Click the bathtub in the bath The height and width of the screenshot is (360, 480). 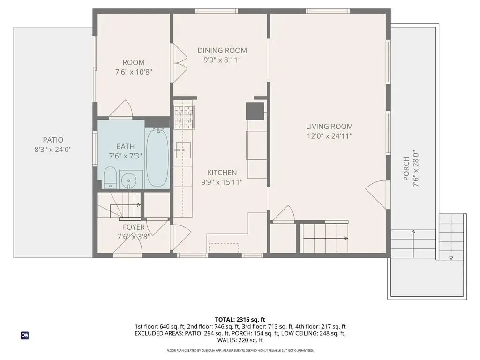(x=157, y=157)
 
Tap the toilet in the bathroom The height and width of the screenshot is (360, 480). (x=110, y=178)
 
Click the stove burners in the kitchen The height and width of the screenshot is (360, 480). (x=184, y=117)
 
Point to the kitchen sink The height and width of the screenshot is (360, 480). (x=183, y=150)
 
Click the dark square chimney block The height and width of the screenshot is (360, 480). (x=255, y=111)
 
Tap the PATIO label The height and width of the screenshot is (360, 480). (x=53, y=140)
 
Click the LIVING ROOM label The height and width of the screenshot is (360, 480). (x=330, y=127)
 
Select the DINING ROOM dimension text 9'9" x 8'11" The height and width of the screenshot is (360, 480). (x=222, y=60)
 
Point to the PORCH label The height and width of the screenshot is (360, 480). (x=406, y=168)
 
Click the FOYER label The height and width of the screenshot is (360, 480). (x=134, y=227)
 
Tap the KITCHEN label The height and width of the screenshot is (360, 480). (x=222, y=172)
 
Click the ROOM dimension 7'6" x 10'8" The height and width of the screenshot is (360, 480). (x=134, y=72)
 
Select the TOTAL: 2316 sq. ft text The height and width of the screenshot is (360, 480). (x=240, y=320)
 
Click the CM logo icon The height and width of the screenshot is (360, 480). (x=25, y=336)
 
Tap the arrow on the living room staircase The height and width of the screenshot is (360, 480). (x=325, y=238)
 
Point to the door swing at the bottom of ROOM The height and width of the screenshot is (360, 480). (x=121, y=109)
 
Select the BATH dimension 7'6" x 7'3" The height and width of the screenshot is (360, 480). (x=126, y=156)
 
